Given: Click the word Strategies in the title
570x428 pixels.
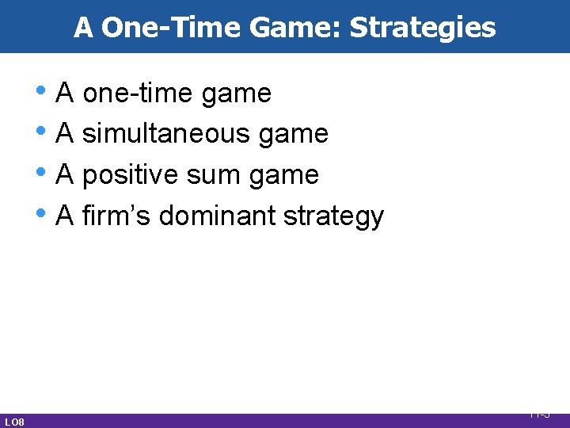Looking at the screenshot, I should [422, 28].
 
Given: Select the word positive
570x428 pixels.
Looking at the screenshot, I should [131, 174].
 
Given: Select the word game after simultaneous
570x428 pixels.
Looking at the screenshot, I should [297, 136].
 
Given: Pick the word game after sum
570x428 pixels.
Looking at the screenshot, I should [287, 176].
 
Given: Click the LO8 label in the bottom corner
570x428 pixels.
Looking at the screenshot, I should [14, 422].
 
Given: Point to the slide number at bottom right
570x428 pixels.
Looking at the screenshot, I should [540, 414].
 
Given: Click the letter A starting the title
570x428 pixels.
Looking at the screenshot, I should [83, 28].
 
